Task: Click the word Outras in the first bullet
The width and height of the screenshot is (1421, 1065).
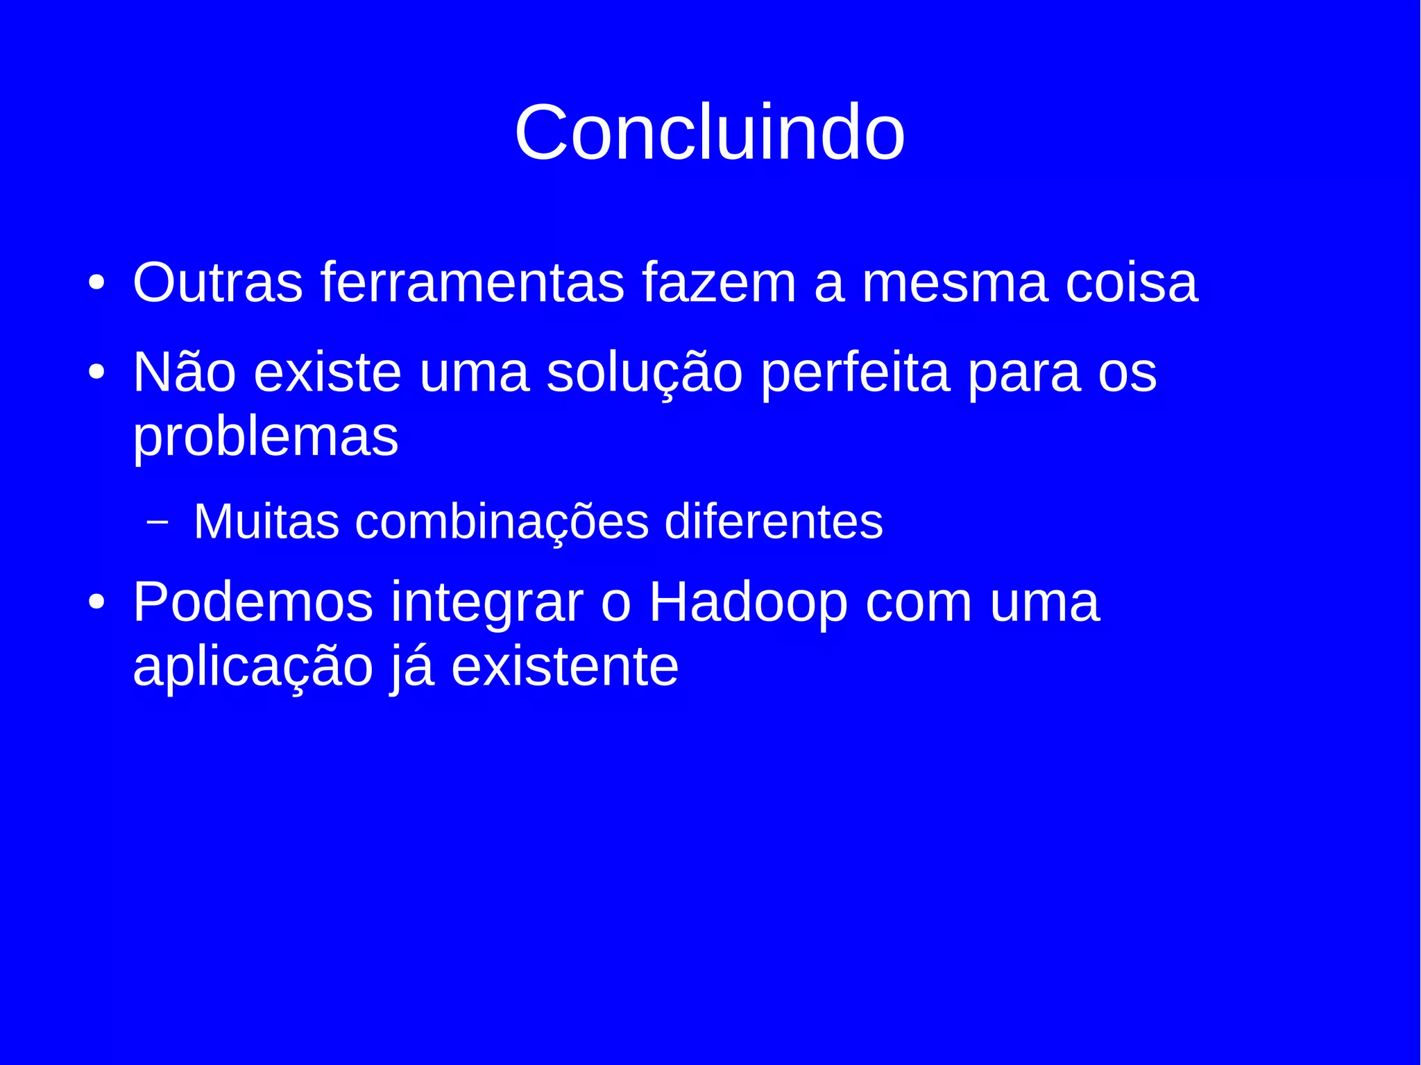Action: coord(218,282)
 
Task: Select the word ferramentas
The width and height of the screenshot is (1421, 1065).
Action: coord(473,282)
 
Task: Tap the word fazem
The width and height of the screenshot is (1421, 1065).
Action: coord(719,282)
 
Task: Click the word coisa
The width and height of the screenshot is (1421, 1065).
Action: coord(1132,282)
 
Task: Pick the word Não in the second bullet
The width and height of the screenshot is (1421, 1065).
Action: coord(185,373)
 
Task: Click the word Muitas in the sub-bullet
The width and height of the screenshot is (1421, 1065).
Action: coord(266,521)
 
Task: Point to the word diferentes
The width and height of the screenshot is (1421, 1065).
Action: coord(774,521)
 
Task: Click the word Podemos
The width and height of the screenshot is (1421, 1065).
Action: coord(253,602)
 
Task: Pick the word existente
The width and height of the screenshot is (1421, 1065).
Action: coord(565,667)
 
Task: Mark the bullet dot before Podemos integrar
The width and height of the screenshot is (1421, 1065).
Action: coord(96,602)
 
